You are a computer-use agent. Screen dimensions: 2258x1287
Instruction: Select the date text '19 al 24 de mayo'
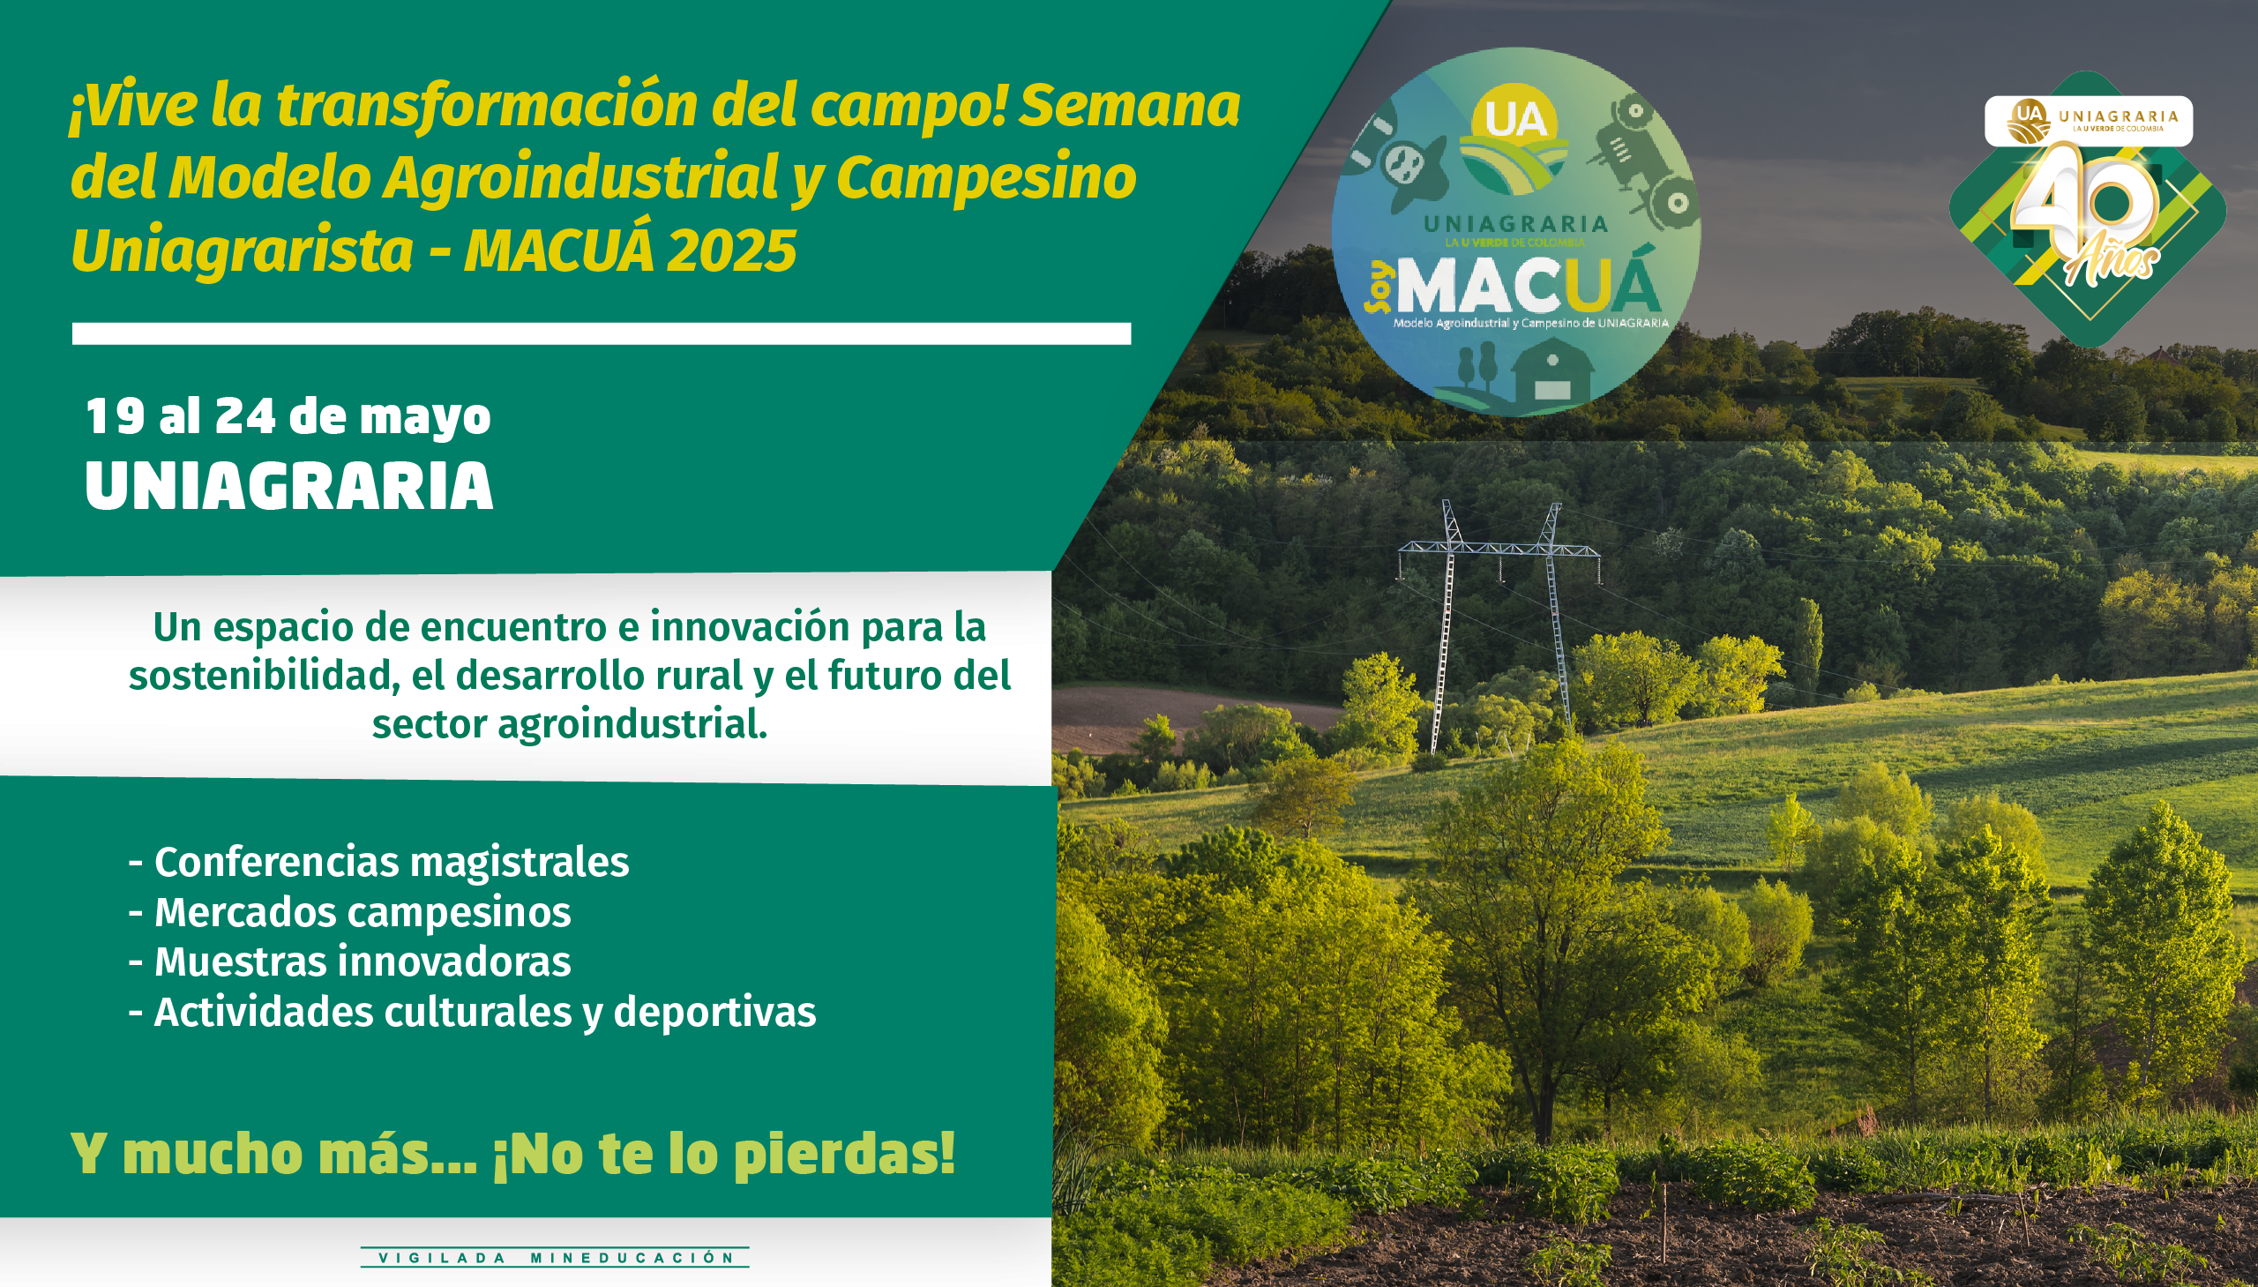point(288,416)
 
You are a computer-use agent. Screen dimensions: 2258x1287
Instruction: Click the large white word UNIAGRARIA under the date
point(289,486)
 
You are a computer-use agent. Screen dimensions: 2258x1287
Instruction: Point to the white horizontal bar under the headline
point(602,333)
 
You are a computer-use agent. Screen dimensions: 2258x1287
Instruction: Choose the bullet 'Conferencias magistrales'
point(379,862)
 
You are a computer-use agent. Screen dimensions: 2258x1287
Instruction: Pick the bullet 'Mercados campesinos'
point(350,912)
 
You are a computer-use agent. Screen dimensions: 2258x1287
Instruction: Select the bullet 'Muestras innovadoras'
point(350,962)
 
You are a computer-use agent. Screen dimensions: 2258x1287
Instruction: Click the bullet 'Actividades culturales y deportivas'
point(472,1013)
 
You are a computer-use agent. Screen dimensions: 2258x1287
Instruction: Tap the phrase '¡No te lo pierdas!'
point(724,1154)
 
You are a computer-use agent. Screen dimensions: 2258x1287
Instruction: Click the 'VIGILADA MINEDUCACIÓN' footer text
point(556,1258)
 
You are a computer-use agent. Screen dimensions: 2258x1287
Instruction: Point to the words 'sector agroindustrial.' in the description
point(569,725)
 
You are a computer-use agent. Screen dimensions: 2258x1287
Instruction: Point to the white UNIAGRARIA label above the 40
point(2089,121)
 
